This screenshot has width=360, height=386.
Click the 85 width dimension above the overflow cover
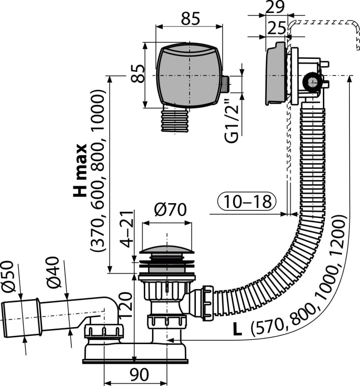190,20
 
